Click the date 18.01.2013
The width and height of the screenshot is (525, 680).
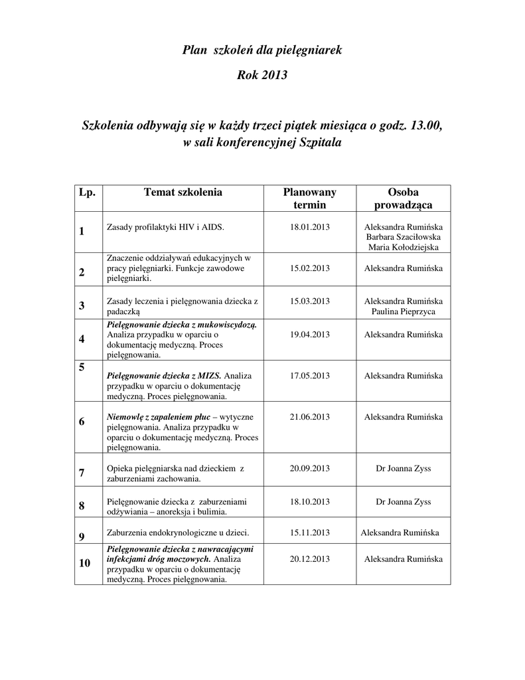pos(310,226)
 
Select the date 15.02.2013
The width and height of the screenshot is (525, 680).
pos(310,268)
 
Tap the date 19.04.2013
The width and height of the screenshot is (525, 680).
pos(310,335)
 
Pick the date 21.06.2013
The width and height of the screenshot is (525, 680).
pos(310,416)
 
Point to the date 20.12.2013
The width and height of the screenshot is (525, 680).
pos(310,559)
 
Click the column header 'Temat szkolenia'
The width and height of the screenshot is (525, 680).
pos(183,193)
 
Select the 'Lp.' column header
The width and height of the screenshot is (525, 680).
pos(87,193)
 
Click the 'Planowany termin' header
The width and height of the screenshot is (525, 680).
pos(310,199)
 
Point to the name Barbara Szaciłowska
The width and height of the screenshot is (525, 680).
pos(403,237)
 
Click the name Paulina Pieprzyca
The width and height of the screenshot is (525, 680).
pos(403,311)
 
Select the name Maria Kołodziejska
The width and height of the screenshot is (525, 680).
pos(403,248)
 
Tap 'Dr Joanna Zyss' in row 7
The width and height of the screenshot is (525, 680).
pos(403,468)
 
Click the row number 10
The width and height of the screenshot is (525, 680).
pos(84,564)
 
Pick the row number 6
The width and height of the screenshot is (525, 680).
pos(82,422)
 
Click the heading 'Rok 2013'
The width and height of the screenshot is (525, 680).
pos(262,75)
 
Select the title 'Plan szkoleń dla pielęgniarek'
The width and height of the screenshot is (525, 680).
pos(262,50)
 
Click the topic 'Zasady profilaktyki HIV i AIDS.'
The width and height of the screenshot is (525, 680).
pos(165,227)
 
